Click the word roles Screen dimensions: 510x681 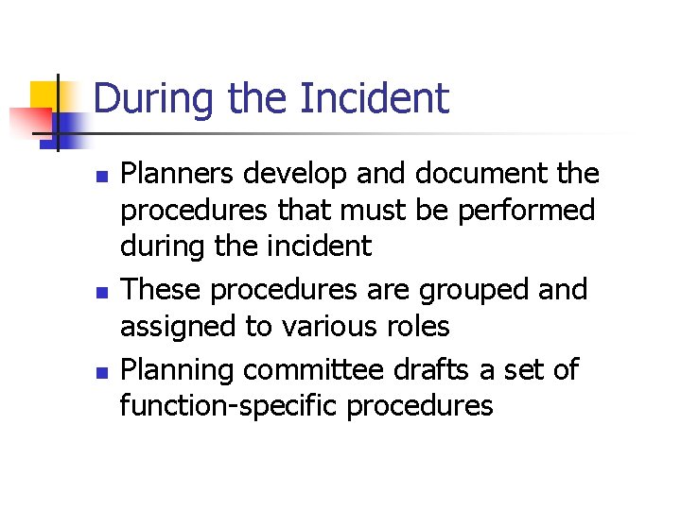click(414, 327)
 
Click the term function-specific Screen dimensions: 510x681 click(228, 406)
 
